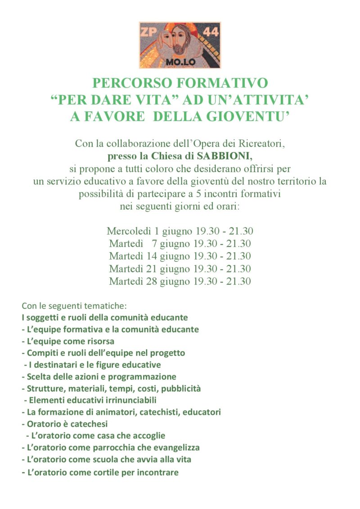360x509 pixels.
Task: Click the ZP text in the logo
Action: (150, 32)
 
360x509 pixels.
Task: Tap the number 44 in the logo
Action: (210, 32)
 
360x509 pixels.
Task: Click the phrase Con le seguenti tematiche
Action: (74, 306)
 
